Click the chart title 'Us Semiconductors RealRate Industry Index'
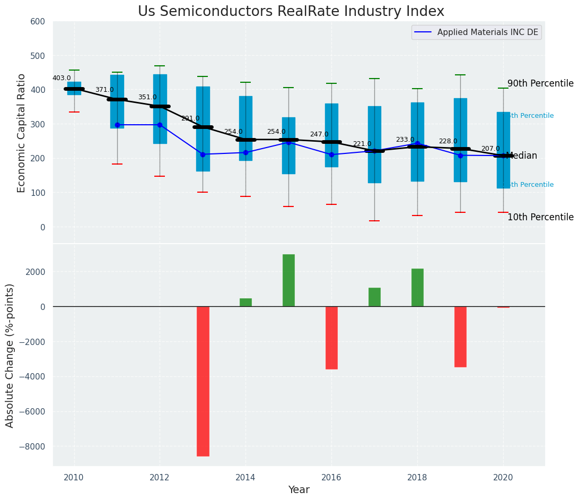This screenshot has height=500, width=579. tap(291, 12)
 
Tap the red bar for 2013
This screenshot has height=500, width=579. tap(203, 381)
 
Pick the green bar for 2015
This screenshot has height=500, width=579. tap(288, 280)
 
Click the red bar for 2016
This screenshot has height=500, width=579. tap(331, 338)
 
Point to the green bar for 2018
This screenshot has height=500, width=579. tap(417, 287)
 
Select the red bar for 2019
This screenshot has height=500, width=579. tap(460, 337)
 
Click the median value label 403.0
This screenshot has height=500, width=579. tap(62, 78)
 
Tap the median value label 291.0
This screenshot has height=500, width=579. tap(190, 118)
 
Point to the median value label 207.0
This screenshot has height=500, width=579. tap(490, 149)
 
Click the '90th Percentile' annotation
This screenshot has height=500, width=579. tap(540, 84)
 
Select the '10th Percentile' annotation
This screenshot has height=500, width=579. tap(540, 218)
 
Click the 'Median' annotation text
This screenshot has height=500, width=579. tap(522, 156)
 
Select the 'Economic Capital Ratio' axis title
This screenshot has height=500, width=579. tap(22, 133)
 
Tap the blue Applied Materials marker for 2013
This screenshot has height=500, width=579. tap(203, 154)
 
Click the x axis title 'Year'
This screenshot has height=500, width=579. tap(299, 490)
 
